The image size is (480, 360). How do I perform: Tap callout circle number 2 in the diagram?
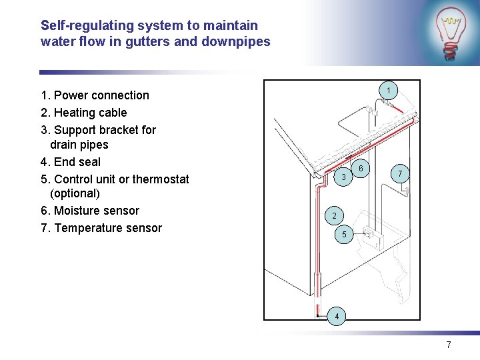[x=335, y=215]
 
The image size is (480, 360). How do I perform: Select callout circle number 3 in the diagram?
[x=343, y=177]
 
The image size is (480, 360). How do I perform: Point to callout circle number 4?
[x=338, y=315]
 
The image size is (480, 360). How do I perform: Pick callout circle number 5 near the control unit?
[x=344, y=235]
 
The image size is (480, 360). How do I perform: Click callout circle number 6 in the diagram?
[x=361, y=169]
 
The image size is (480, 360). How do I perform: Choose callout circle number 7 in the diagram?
[x=399, y=174]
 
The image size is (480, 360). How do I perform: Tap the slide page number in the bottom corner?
[x=449, y=345]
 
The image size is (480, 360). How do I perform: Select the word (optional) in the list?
[x=75, y=194]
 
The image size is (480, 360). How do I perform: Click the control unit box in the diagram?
[x=368, y=235]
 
